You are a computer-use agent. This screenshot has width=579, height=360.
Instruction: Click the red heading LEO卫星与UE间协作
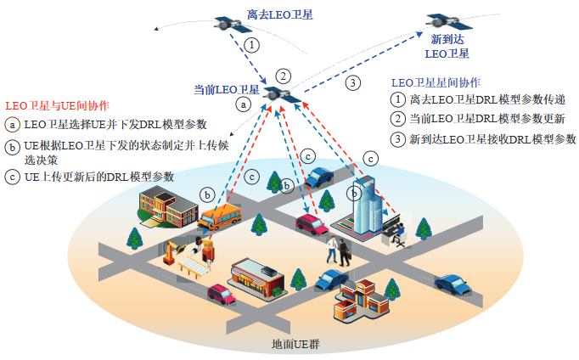[57, 106]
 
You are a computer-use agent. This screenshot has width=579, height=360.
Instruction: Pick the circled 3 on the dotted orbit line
[352, 83]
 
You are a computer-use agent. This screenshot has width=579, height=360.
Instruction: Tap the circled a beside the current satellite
[243, 104]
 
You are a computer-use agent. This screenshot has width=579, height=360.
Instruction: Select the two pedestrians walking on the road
[339, 249]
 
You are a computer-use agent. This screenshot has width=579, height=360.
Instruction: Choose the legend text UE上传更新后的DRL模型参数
[99, 177]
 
